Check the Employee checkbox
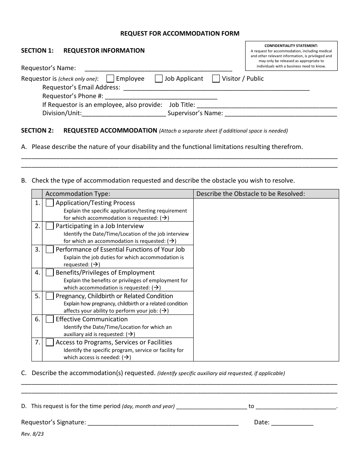click(x=110, y=78)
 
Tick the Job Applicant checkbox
click(x=159, y=78)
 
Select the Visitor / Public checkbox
click(x=216, y=78)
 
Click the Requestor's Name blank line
click(x=158, y=69)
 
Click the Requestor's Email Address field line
click(x=216, y=88)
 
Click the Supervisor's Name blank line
click(x=281, y=113)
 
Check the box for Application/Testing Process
click(x=50, y=203)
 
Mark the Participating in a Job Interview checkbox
click(x=50, y=226)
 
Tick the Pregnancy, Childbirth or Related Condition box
click(x=50, y=296)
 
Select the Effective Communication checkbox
click(x=50, y=319)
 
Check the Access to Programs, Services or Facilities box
click(x=50, y=342)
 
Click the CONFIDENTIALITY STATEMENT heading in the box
click(x=291, y=45)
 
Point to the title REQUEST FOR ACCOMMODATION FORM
click(x=180, y=33)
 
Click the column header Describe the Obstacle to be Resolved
click(x=250, y=194)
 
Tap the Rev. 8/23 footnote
click(x=32, y=434)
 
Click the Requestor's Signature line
click(x=163, y=423)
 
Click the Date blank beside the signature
click(x=292, y=423)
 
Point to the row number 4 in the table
click(x=37, y=272)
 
